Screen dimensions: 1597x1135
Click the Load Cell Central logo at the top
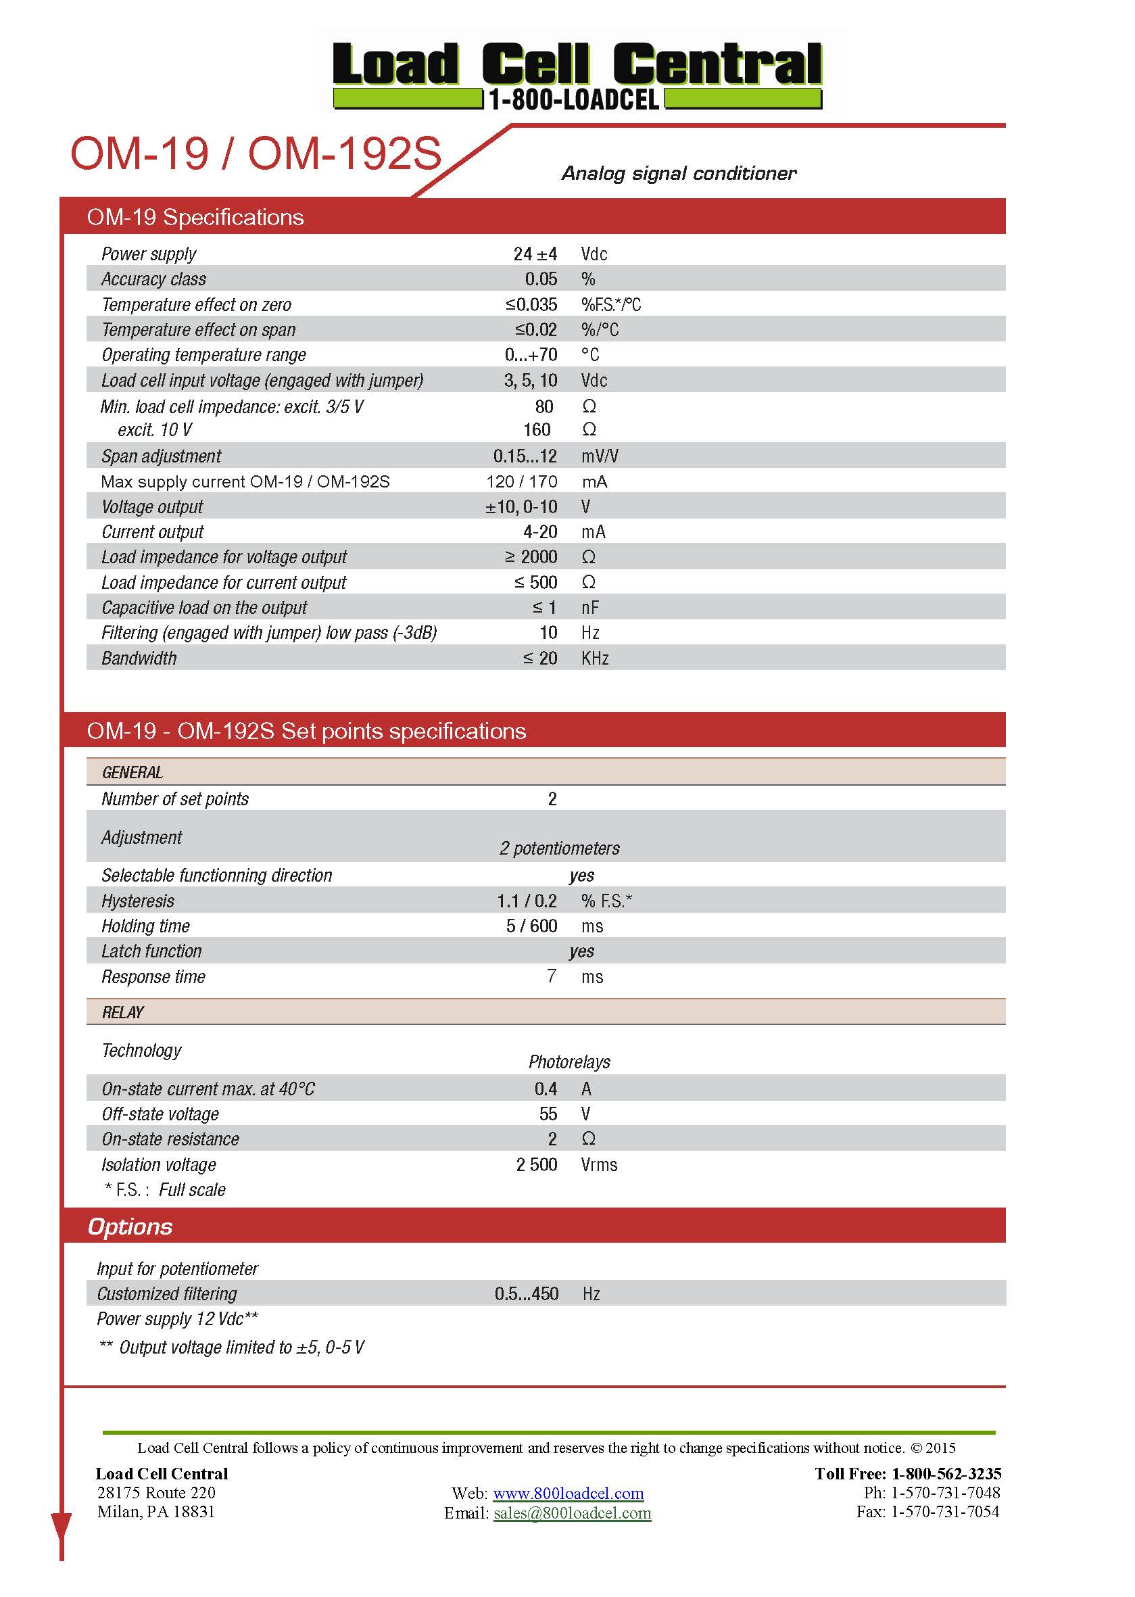(x=577, y=74)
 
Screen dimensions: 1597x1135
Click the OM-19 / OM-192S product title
(x=256, y=153)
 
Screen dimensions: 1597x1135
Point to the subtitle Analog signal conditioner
(x=679, y=173)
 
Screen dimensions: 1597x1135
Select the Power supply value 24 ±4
(x=535, y=254)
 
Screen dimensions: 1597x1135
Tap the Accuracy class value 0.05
(x=541, y=279)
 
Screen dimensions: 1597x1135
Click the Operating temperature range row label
(x=203, y=355)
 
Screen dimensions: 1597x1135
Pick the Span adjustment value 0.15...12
(x=525, y=456)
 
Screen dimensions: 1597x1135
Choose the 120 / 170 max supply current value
(x=521, y=481)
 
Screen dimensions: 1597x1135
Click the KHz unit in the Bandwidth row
(x=595, y=659)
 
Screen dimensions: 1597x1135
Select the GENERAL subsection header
(x=132, y=772)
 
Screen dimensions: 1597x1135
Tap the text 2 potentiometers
(x=559, y=849)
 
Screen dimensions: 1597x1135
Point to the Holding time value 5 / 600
(x=531, y=926)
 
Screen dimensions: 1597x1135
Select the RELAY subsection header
(x=123, y=1013)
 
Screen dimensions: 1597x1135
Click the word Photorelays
(x=569, y=1062)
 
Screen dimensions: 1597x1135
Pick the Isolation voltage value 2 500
(x=536, y=1164)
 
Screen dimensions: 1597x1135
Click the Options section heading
(x=130, y=1226)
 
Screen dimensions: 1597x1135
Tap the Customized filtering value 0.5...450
(x=527, y=1293)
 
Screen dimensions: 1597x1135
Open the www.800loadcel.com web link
(x=569, y=1494)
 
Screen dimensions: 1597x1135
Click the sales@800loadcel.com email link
(x=572, y=1513)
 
